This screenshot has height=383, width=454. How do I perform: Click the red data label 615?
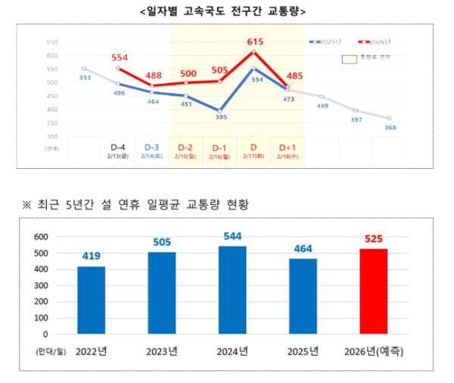pyautogui.click(x=255, y=45)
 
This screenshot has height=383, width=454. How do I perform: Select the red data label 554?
pyautogui.click(x=120, y=58)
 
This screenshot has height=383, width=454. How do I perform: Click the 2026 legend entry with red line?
pyautogui.click(x=368, y=40)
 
